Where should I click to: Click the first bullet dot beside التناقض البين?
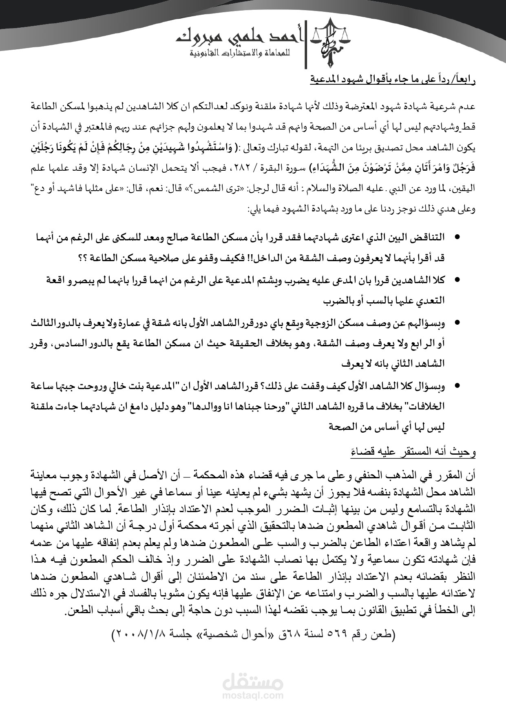coord(457,237)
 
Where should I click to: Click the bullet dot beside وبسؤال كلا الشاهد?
coord(457,385)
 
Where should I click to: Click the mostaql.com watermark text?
coord(253,696)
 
